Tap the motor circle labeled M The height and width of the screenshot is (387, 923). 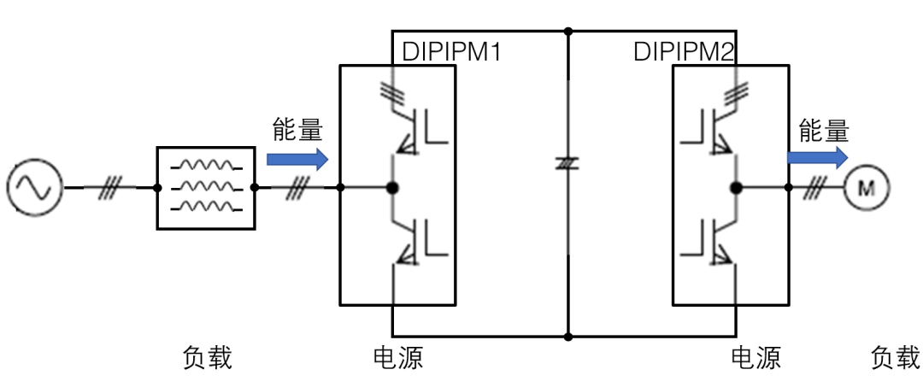pos(867,187)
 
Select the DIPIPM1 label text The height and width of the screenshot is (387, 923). pos(451,52)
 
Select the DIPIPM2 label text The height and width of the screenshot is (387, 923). pos(684,52)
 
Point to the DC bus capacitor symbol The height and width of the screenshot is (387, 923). pos(567,162)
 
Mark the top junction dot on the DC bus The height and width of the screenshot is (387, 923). pos(567,32)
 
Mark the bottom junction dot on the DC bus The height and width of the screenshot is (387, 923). pos(567,336)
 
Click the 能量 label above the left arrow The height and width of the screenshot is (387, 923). pos(297,129)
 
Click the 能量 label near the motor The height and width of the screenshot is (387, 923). pos(824,129)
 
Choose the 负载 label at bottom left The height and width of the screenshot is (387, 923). pos(208,357)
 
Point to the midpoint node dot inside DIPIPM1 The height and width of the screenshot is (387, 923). pos(393,187)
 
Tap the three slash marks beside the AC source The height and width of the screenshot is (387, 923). pos(109,187)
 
